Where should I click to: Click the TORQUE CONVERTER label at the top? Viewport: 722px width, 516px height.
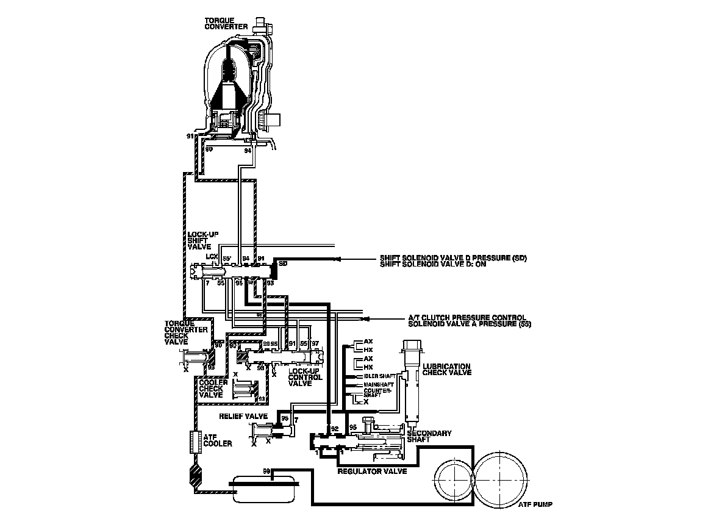tap(226, 23)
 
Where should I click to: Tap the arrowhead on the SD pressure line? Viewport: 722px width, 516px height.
tap(338, 260)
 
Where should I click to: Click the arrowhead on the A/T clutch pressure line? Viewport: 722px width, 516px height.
tap(364, 319)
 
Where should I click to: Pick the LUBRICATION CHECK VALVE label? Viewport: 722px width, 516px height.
tap(447, 369)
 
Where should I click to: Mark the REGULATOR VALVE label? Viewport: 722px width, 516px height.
tap(372, 471)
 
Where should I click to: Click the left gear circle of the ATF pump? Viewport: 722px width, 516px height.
tap(456, 481)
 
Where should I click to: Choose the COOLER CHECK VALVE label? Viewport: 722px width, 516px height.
tap(213, 389)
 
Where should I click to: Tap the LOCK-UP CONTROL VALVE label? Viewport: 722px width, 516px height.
tap(305, 377)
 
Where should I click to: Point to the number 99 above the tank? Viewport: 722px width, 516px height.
tap(266, 471)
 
